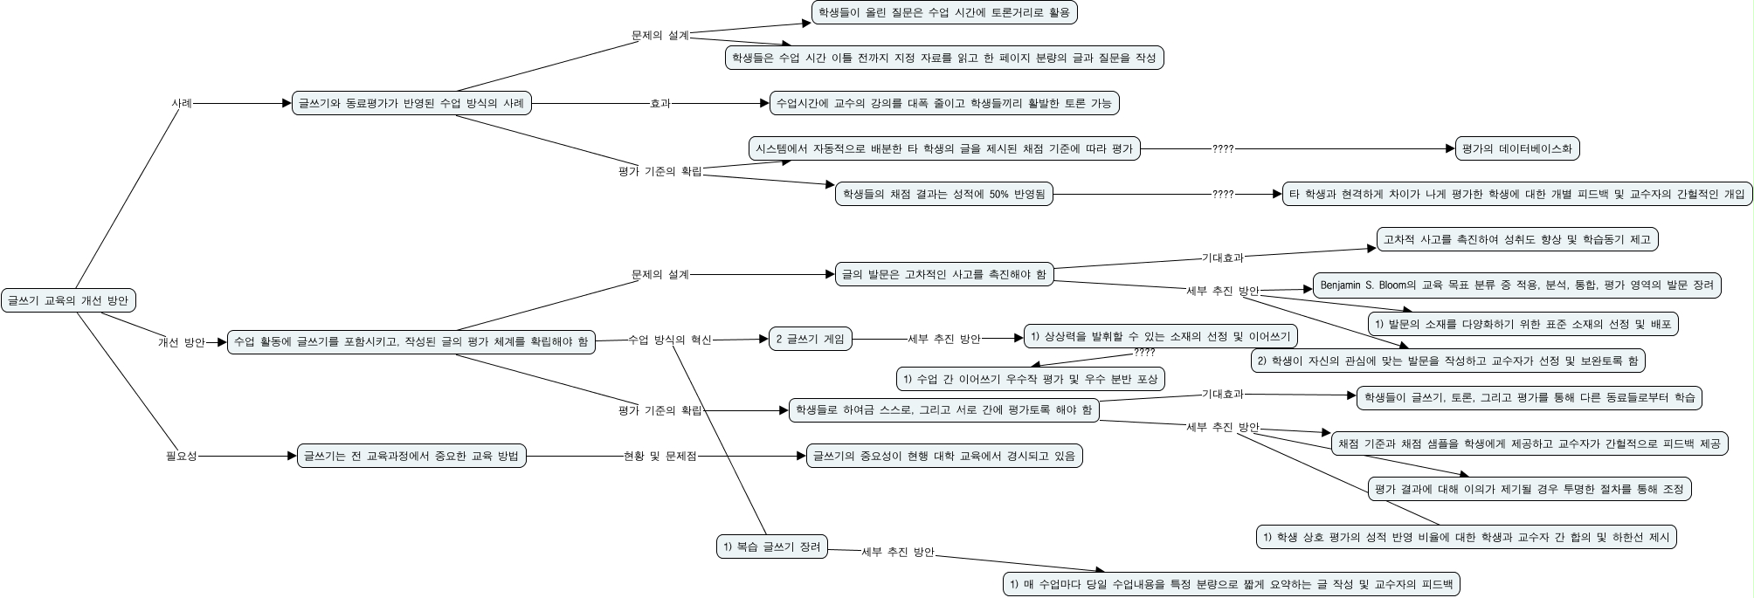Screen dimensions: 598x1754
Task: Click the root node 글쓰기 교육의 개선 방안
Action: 68,300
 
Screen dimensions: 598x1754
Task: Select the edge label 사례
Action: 182,103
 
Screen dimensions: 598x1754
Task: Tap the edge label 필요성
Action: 182,456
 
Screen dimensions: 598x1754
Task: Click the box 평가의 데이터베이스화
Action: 1517,148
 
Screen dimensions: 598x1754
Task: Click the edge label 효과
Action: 660,103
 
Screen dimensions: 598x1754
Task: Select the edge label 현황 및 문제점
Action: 660,456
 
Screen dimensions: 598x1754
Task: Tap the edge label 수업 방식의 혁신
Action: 670,340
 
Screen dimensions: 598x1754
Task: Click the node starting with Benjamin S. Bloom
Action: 1517,285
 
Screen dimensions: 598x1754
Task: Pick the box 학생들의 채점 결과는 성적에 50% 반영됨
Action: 943,194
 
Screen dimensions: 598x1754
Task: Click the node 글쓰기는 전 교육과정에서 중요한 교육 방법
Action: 411,456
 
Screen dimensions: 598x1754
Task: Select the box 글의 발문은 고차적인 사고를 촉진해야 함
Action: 943,274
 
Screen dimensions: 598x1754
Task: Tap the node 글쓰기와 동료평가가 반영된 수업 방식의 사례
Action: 411,103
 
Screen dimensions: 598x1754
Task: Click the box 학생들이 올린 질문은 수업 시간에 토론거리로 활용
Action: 943,12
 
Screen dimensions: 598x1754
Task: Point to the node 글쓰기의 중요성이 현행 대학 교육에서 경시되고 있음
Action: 943,456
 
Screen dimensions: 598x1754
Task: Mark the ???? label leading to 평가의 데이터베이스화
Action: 1223,148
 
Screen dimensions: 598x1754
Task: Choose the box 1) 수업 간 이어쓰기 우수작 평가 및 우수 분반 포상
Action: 1031,379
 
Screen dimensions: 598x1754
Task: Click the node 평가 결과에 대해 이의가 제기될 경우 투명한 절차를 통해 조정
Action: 1529,489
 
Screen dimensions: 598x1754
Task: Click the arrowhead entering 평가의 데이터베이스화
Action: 1451,148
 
